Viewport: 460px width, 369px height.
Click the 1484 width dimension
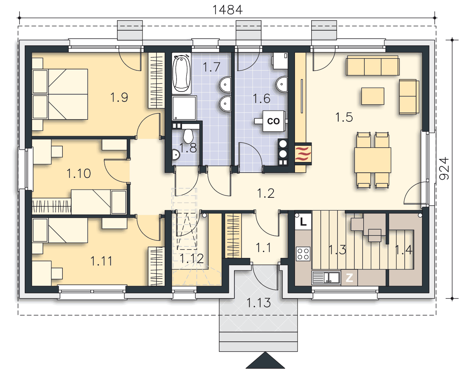(227, 10)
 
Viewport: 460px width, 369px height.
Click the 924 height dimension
(443, 168)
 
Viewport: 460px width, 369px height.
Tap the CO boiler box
(274, 121)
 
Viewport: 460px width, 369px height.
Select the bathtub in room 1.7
(182, 73)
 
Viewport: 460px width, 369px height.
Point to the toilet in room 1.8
(188, 136)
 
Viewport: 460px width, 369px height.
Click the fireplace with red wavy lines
(303, 154)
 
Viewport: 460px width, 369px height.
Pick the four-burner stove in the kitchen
(303, 254)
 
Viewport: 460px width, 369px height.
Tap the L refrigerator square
(303, 221)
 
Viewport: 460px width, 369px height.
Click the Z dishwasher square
(349, 278)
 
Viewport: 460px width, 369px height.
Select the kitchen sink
(326, 277)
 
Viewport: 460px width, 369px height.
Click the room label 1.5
(344, 117)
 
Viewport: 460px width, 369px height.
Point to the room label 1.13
(259, 303)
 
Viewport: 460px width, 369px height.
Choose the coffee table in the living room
(373, 96)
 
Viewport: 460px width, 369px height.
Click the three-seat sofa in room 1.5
(373, 66)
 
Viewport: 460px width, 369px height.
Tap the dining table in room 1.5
(373, 160)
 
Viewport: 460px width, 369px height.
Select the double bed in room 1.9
(60, 94)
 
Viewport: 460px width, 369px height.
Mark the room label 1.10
(79, 173)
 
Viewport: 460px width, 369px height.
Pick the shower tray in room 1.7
(184, 108)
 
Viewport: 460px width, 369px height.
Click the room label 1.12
(192, 259)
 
